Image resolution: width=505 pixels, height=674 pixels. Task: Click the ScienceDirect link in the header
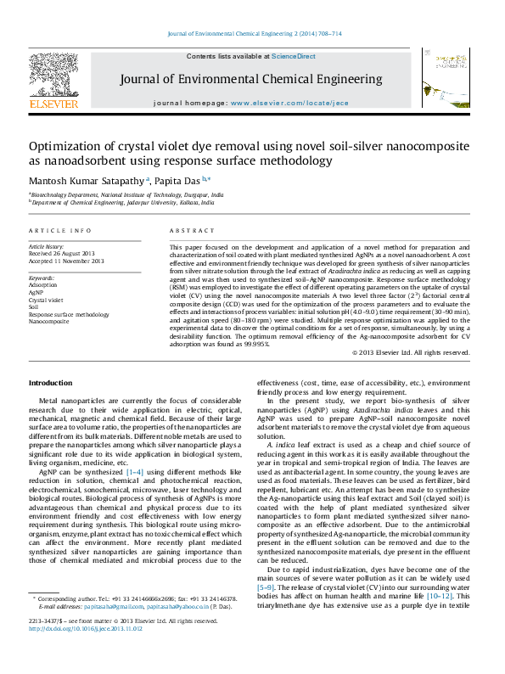click(x=294, y=56)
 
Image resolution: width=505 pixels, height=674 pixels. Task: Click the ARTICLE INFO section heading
click(x=60, y=231)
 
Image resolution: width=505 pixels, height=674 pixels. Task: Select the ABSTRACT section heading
click(x=187, y=231)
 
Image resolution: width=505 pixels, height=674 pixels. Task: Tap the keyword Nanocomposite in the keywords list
click(x=49, y=322)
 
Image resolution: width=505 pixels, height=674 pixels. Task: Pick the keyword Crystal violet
click(x=46, y=300)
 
